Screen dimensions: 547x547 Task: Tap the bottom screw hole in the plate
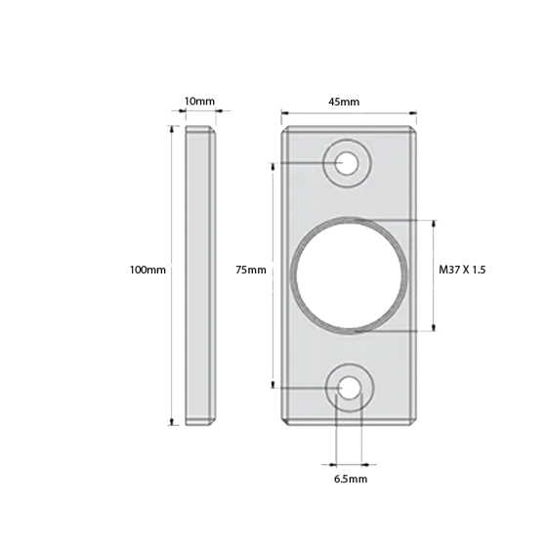coord(345,389)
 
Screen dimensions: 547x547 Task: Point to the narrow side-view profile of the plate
coord(202,275)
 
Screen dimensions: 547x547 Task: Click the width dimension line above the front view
coord(349,110)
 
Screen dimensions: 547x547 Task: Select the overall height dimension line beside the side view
coord(173,275)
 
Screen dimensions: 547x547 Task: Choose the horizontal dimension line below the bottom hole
coord(349,463)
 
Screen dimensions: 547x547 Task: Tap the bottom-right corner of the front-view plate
coord(417,424)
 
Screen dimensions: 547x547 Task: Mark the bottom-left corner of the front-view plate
coord(283,424)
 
